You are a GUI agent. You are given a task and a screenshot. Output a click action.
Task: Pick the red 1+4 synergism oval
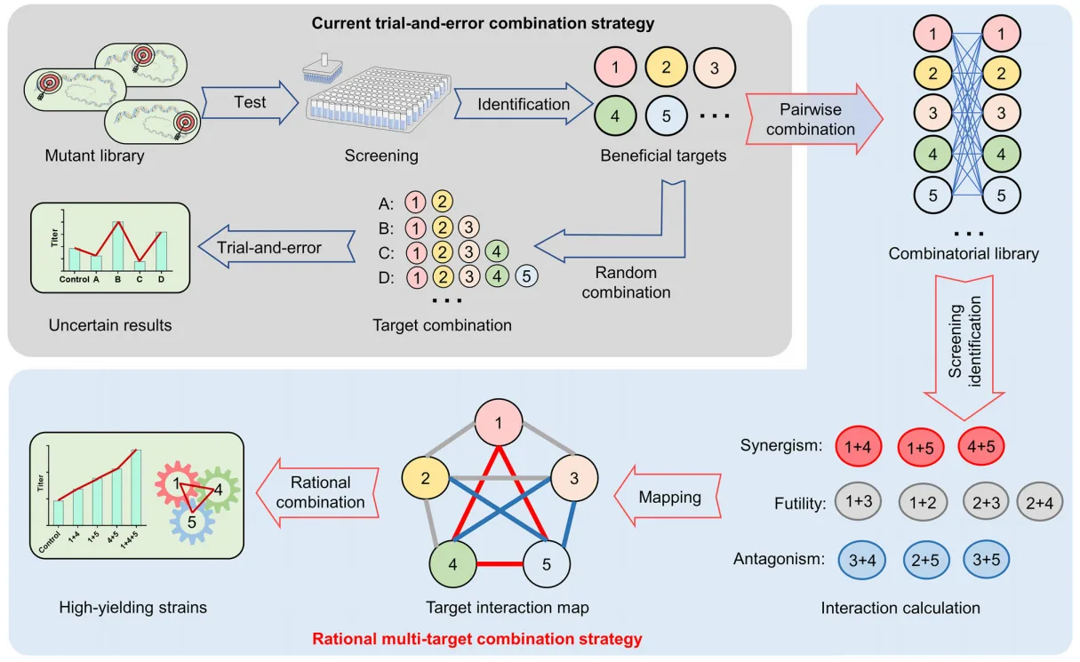(x=858, y=446)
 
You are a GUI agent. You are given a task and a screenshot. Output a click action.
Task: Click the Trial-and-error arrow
(x=266, y=249)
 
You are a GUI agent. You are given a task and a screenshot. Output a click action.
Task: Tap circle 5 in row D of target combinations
(x=526, y=276)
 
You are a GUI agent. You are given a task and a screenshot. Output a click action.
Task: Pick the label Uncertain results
(x=110, y=325)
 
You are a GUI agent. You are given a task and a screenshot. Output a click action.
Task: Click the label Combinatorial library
(x=963, y=254)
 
